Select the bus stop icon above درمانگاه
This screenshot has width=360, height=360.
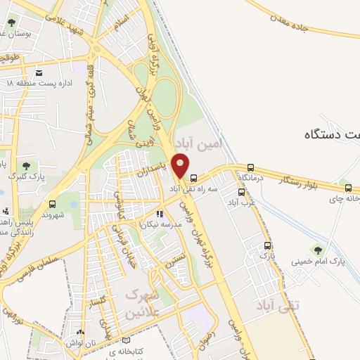coord(251,167)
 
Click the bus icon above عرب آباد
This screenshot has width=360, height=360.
coord(241,191)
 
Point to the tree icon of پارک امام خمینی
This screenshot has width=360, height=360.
coord(319,248)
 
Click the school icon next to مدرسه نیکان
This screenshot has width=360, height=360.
coord(160,212)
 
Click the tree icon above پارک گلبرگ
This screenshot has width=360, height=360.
coord(15,166)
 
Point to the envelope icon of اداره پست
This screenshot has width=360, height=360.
coord(38,72)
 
